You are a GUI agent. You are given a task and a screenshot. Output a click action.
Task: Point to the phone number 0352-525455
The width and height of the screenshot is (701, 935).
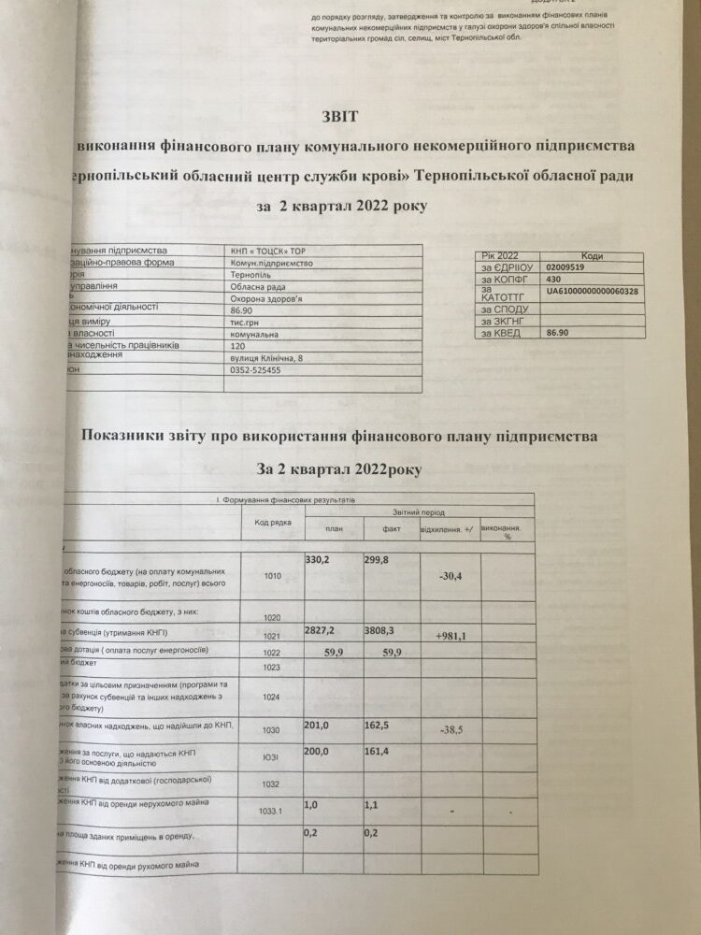point(255,370)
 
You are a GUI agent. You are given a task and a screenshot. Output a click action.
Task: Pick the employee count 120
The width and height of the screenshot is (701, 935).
point(236,345)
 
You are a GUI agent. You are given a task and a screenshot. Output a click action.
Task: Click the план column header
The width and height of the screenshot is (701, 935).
point(333,529)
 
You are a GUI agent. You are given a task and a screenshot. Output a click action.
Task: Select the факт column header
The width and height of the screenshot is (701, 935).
point(392,529)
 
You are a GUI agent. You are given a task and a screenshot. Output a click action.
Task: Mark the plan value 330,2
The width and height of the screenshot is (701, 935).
point(321,559)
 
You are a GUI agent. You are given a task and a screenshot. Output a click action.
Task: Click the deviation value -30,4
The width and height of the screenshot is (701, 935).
point(452,575)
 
